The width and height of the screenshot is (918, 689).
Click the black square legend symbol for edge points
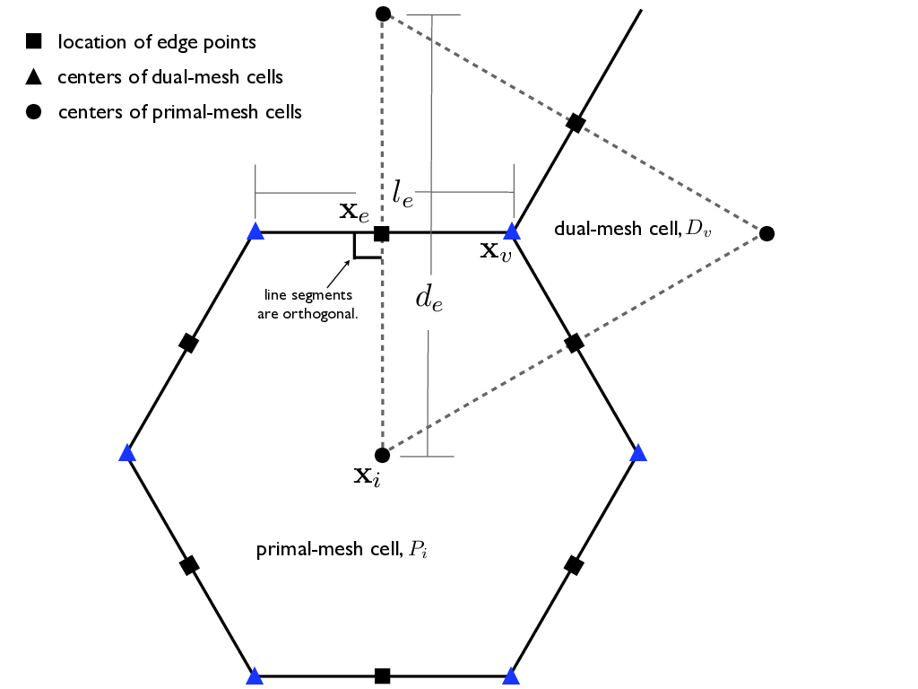[x=33, y=41]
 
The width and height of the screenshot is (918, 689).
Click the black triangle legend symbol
[x=33, y=77]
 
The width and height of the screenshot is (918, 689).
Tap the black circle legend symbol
[x=33, y=112]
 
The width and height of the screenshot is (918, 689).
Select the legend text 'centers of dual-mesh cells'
[x=169, y=77]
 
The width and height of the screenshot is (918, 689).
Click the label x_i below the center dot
[x=367, y=475]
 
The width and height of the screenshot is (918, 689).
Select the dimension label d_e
[x=429, y=297]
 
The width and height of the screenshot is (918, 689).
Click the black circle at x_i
[x=382, y=454]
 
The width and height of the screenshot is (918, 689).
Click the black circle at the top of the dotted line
[x=383, y=13]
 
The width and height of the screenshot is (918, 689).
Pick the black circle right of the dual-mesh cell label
[x=766, y=233]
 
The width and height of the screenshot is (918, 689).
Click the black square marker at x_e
[x=381, y=233]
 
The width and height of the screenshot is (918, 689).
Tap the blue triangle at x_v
[x=512, y=232]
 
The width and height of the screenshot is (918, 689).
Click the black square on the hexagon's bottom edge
[x=382, y=676]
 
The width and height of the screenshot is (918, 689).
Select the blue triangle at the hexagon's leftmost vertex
[x=127, y=454]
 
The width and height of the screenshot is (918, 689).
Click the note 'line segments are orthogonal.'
[x=307, y=303]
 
